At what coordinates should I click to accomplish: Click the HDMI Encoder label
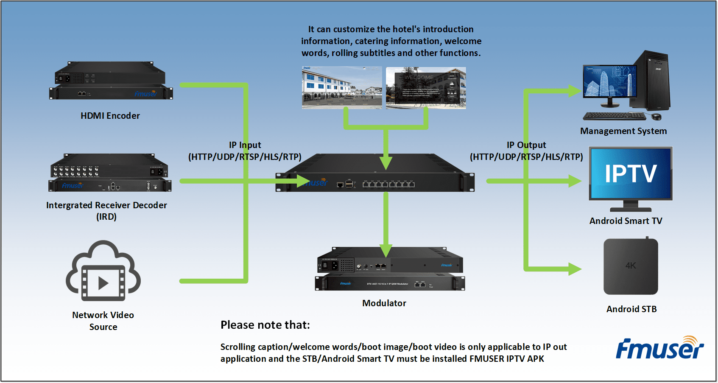pyautogui.click(x=110, y=116)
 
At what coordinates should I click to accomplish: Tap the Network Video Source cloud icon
pyautogui.click(x=103, y=272)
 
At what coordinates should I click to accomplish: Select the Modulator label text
pyautogui.click(x=384, y=303)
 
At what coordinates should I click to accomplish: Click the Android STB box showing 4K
pyautogui.click(x=631, y=267)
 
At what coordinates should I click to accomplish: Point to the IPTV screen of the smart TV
pyautogui.click(x=631, y=173)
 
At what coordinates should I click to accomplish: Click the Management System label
pyautogui.click(x=623, y=131)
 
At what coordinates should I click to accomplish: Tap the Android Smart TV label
pyautogui.click(x=626, y=221)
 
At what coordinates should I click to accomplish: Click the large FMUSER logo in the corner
pyautogui.click(x=660, y=349)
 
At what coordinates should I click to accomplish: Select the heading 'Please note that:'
pyautogui.click(x=265, y=325)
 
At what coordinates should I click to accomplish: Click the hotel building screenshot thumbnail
pyautogui.click(x=342, y=88)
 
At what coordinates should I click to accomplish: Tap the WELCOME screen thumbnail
pyautogui.click(x=426, y=88)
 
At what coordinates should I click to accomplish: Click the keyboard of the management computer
pyautogui.click(x=614, y=116)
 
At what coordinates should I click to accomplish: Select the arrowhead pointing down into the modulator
pyautogui.click(x=386, y=250)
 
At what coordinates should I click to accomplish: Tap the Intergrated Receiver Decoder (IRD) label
pyautogui.click(x=106, y=211)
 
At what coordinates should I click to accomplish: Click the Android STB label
pyautogui.click(x=631, y=309)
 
